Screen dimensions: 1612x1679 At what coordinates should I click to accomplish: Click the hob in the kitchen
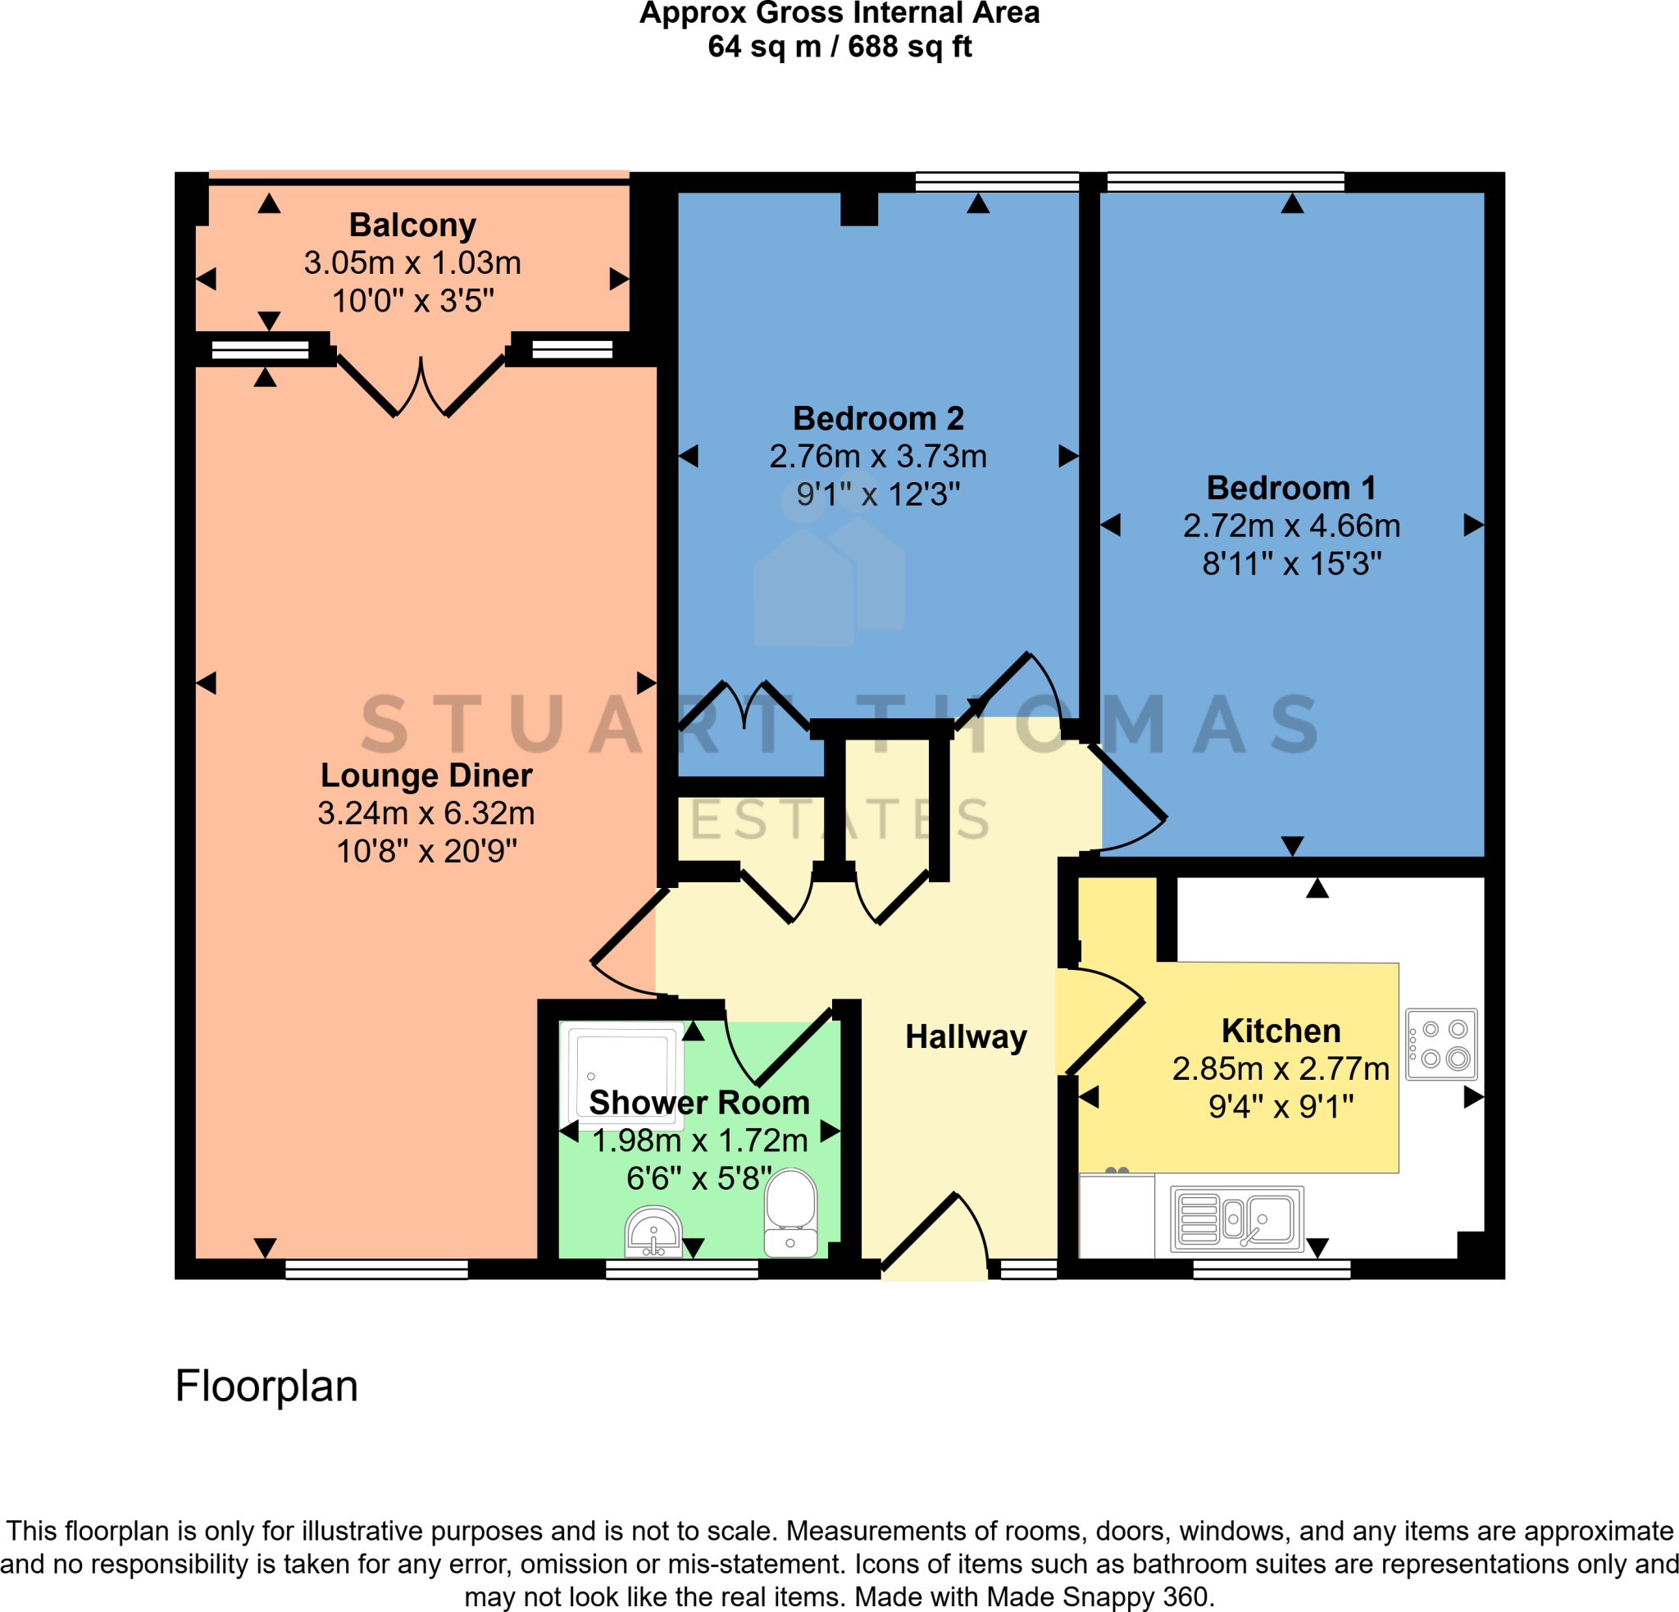(1442, 1043)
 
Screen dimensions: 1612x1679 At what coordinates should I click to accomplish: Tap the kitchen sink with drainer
(1236, 1219)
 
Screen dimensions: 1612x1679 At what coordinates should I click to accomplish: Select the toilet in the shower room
(789, 1211)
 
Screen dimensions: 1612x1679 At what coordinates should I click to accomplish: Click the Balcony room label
(412, 225)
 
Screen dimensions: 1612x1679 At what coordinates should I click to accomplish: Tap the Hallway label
(966, 1036)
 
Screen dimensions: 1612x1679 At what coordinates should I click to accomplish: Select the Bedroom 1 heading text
(1291, 488)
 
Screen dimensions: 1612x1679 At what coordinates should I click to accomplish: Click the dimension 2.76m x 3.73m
(877, 457)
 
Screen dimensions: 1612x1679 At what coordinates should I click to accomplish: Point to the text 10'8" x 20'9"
(426, 851)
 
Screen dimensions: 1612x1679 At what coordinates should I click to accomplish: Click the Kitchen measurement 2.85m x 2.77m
(1280, 1069)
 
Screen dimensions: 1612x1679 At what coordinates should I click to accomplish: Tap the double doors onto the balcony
(421, 385)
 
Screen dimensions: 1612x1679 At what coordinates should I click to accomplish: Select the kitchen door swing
(1105, 1019)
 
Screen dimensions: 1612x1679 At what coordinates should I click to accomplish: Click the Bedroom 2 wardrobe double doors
(744, 707)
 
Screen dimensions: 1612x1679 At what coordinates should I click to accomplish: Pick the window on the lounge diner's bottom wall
(376, 1268)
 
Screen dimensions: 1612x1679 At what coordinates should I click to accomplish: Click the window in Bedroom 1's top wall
(1225, 181)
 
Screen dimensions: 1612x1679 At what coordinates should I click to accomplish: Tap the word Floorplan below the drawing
(266, 1386)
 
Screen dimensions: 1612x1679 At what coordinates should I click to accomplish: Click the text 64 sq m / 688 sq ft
(839, 46)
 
